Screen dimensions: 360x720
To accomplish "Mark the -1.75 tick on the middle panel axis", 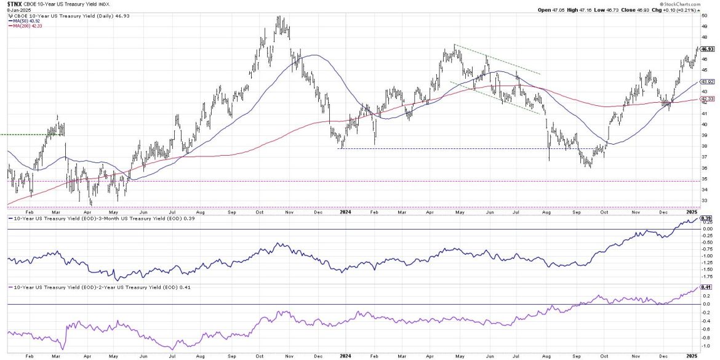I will [706, 277].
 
